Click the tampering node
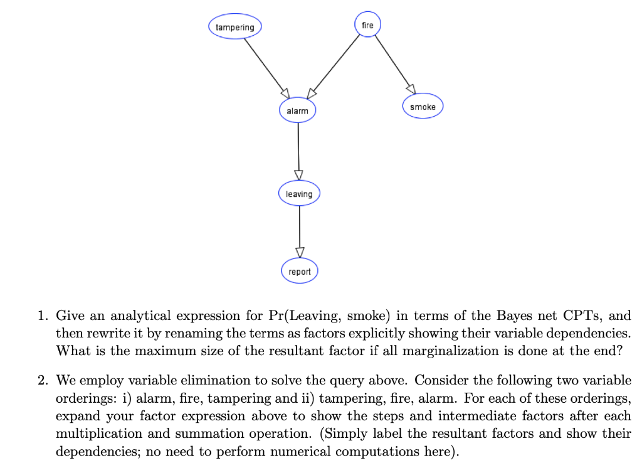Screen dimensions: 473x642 235,27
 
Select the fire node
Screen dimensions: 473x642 367,25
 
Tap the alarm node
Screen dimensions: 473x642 297,111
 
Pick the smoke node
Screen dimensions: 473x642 423,107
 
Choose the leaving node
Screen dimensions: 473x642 299,194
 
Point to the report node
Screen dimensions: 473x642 300,272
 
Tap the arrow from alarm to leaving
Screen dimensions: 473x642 298,151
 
